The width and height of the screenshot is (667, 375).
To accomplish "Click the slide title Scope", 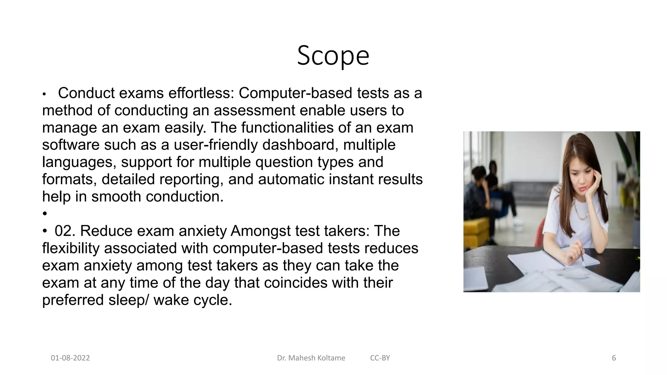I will pyautogui.click(x=333, y=56).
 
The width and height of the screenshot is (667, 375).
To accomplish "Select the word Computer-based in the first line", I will pyautogui.click(x=295, y=93).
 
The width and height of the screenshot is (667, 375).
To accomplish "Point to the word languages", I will pyautogui.click(x=79, y=162).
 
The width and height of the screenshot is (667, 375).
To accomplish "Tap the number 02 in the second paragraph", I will pyautogui.click(x=65, y=231).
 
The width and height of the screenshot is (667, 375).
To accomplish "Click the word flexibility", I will pyautogui.click(x=71, y=248).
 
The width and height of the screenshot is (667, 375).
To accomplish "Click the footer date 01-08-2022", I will pyautogui.click(x=70, y=358).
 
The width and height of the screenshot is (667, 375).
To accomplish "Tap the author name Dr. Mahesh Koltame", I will pyautogui.click(x=311, y=358).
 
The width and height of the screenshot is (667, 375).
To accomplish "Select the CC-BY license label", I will pyautogui.click(x=380, y=358).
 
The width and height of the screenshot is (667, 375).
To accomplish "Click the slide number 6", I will pyautogui.click(x=614, y=358).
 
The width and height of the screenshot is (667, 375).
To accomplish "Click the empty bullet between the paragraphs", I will pyautogui.click(x=45, y=214).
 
